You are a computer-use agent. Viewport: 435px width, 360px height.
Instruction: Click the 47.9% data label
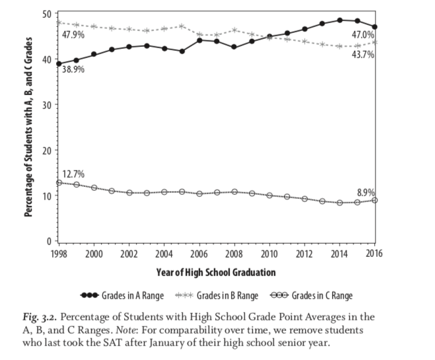(x=74, y=34)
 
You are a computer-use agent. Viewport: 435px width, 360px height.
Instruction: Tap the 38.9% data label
(x=73, y=69)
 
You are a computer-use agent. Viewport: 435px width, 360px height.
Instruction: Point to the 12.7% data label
(x=73, y=174)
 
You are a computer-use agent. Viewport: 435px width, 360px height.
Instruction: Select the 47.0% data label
(x=362, y=34)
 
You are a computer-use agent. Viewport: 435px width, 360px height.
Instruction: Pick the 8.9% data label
(x=366, y=192)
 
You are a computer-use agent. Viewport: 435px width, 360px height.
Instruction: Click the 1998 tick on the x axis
(x=59, y=254)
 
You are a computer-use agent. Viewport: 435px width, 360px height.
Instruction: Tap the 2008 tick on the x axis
(x=234, y=254)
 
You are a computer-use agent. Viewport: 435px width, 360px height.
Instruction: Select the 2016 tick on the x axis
(x=374, y=254)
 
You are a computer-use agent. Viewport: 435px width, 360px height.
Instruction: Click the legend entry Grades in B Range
(x=217, y=295)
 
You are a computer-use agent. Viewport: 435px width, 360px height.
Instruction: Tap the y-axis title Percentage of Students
(x=29, y=126)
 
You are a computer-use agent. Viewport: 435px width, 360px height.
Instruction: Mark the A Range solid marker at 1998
(x=59, y=64)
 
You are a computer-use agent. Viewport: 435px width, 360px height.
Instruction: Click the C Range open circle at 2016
(x=374, y=200)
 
